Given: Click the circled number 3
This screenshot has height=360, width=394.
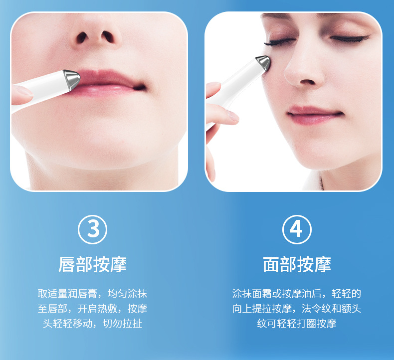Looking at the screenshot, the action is [x=92, y=229].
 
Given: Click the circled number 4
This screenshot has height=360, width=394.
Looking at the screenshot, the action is [x=297, y=229].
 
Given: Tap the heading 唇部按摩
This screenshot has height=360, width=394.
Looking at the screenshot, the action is [x=92, y=265].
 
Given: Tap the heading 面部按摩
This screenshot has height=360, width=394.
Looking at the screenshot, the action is [x=297, y=265].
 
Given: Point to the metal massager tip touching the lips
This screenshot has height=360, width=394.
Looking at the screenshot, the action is [x=71, y=79].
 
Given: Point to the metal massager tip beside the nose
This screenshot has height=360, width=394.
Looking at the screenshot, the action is [x=263, y=63].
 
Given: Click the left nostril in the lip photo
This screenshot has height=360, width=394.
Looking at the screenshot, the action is [x=82, y=38].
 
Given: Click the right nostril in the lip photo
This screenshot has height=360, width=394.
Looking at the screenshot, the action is [x=108, y=37].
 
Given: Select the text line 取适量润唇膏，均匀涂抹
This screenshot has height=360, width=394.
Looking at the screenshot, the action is [x=92, y=294].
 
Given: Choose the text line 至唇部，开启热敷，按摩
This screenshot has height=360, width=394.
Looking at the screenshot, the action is [x=92, y=309].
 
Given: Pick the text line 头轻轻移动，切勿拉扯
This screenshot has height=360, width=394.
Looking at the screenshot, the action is [x=92, y=324].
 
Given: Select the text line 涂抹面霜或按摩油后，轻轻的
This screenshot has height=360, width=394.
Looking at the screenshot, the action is [x=297, y=294].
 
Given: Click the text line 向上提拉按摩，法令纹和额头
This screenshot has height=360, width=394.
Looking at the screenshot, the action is [x=297, y=309].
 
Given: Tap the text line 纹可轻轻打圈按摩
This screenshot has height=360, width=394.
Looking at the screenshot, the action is [x=297, y=324].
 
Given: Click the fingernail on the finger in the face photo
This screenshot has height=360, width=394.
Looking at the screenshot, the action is [x=232, y=116].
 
